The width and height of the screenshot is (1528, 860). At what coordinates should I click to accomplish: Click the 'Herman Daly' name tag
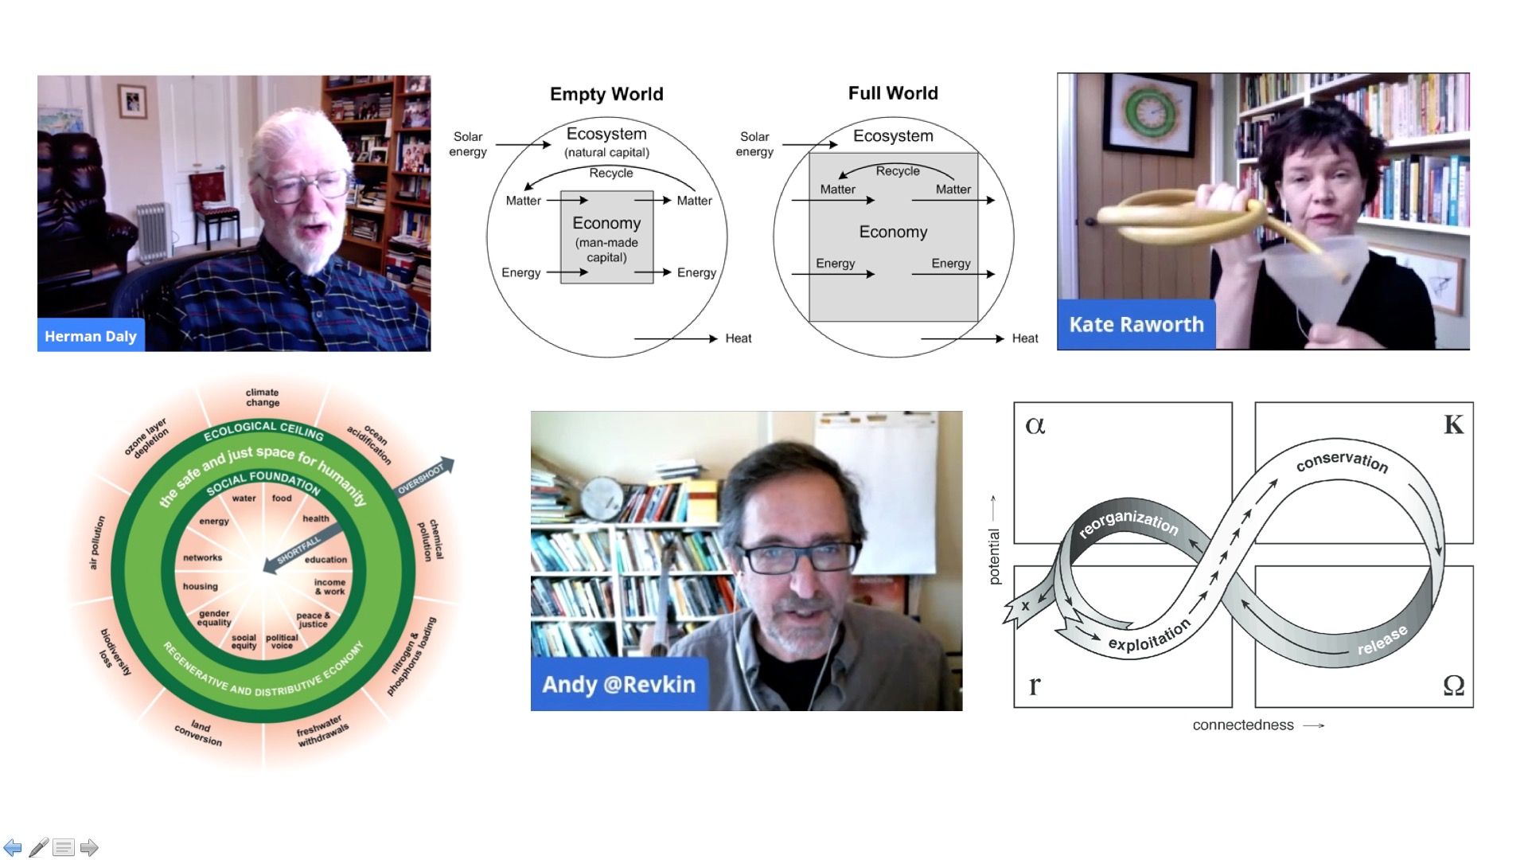click(90, 336)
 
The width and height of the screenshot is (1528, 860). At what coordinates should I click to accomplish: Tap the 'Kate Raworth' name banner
click(1136, 325)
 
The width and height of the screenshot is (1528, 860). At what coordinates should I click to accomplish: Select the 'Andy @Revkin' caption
click(618, 684)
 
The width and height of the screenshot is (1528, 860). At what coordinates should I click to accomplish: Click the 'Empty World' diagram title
click(606, 94)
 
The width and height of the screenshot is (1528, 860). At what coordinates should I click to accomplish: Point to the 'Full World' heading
click(893, 93)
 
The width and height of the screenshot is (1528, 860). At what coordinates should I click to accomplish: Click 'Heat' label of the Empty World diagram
click(738, 338)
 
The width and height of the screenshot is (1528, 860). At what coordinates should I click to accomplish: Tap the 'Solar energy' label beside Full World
click(754, 144)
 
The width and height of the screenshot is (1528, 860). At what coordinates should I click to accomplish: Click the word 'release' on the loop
click(1382, 640)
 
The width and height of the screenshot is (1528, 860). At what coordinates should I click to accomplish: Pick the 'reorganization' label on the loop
click(1128, 522)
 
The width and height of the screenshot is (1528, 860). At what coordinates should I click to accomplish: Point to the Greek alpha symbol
click(1035, 425)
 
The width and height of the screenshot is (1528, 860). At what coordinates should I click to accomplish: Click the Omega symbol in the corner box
click(1453, 685)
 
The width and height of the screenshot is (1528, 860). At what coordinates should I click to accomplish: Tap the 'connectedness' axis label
click(1243, 725)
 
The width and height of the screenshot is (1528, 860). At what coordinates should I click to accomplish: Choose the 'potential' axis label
click(994, 557)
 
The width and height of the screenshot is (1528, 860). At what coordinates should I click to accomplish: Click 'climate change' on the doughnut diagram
click(262, 397)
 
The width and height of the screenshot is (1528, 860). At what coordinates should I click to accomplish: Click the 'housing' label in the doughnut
click(200, 586)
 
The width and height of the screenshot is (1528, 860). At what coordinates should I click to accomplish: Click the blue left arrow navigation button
click(13, 847)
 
